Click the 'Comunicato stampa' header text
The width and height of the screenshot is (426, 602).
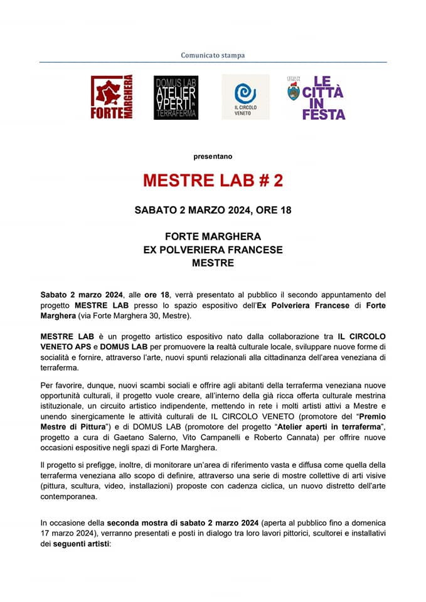(213, 55)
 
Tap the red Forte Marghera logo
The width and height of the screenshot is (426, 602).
(112, 97)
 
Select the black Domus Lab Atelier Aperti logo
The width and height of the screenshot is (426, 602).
(176, 97)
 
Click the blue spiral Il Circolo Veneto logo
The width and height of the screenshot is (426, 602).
(245, 97)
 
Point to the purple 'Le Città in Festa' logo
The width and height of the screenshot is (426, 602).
(317, 97)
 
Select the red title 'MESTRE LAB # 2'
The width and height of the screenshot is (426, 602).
(213, 181)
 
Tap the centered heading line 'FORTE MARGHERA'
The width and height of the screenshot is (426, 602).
(213, 236)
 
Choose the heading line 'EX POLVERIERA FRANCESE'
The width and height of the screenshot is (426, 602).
(213, 250)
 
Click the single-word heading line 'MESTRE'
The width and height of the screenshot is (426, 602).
(213, 263)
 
